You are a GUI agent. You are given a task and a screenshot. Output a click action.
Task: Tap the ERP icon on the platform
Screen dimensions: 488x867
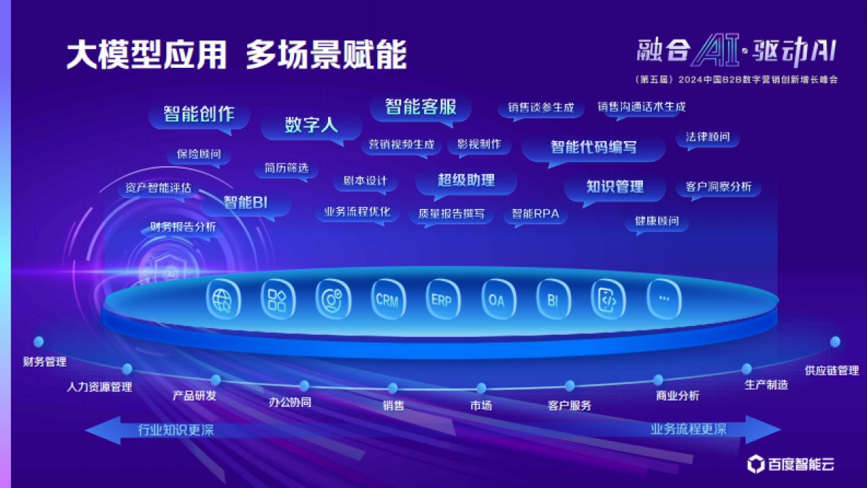click(442, 299)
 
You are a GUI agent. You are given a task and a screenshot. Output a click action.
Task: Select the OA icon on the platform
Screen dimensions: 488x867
click(497, 299)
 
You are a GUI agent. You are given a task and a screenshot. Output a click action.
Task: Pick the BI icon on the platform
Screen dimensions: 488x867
click(553, 299)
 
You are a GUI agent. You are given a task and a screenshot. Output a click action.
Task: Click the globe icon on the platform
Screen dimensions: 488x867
click(223, 299)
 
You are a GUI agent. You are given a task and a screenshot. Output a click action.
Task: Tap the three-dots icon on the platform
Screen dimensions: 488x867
click(663, 299)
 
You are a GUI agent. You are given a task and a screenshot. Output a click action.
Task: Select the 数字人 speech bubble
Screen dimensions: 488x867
click(311, 124)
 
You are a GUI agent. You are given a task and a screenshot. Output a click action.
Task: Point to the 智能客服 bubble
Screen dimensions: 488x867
click(420, 107)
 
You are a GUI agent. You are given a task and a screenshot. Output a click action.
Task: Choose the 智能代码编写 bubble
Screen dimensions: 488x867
click(593, 147)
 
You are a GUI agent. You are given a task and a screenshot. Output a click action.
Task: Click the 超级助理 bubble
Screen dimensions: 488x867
click(466, 180)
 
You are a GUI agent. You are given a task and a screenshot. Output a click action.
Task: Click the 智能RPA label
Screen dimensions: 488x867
click(535, 213)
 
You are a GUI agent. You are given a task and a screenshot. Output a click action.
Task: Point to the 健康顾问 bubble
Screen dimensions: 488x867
click(657, 221)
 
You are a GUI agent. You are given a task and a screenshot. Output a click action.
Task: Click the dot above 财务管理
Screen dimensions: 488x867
click(39, 341)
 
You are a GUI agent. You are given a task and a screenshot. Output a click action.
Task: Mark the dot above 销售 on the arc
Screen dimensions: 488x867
click(392, 388)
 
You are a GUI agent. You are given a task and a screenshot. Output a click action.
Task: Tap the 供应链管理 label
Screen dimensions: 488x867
click(832, 371)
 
